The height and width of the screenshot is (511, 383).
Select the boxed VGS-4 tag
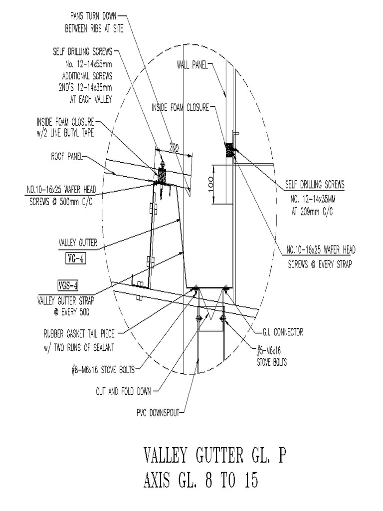pos(68,286)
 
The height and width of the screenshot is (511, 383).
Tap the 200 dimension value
pos(173,148)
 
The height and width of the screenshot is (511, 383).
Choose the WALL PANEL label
pos(191,65)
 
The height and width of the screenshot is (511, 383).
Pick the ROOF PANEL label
pos(66,157)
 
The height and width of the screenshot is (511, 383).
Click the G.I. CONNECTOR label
pos(282,332)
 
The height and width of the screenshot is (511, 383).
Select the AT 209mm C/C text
pos(312,212)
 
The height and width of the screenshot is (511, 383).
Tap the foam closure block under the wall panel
pos(229,150)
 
